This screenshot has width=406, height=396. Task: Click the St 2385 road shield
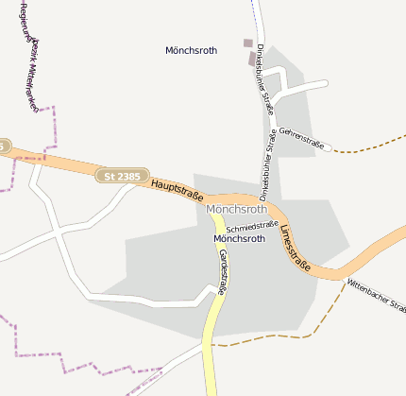click(x=122, y=175)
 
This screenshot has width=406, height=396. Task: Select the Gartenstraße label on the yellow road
click(x=223, y=272)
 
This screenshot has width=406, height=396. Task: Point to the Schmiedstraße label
click(x=252, y=227)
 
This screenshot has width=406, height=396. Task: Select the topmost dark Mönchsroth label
click(x=191, y=50)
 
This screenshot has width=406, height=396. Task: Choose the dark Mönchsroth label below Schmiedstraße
click(x=239, y=239)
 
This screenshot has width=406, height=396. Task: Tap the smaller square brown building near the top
click(x=248, y=43)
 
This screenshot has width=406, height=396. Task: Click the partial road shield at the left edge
click(x=4, y=146)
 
